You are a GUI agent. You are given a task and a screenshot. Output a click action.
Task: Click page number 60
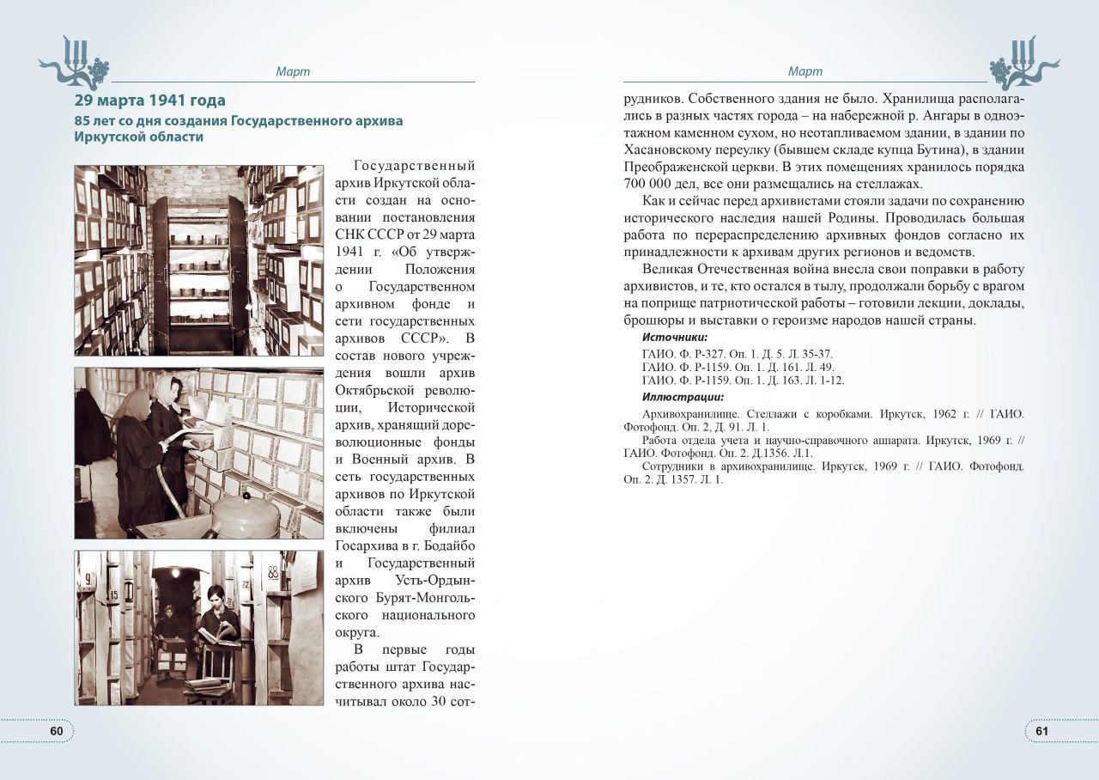tap(57, 731)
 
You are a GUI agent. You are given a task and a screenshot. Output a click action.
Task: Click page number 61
tap(1041, 731)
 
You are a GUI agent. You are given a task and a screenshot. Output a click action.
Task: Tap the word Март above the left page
tap(293, 72)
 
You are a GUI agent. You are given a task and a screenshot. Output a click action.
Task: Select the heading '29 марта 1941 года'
tap(150, 101)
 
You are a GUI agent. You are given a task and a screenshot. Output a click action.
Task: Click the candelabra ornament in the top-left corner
tap(76, 62)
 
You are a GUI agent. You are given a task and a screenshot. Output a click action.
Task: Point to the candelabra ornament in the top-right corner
tap(1023, 62)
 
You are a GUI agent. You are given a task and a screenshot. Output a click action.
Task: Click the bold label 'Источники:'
tap(675, 338)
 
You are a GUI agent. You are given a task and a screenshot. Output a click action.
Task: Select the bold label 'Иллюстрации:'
tap(683, 397)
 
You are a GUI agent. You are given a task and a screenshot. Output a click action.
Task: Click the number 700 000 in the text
tap(653, 183)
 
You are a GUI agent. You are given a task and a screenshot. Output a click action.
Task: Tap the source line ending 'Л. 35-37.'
tap(737, 354)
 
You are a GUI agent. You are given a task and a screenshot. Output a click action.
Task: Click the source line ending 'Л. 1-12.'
tap(743, 380)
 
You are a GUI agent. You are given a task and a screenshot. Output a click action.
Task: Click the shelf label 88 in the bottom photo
tap(273, 571)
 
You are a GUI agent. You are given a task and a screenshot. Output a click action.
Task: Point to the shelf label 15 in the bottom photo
tap(112, 594)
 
